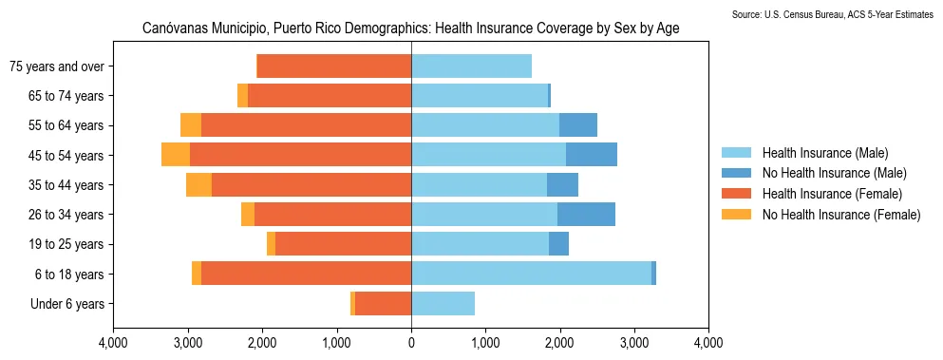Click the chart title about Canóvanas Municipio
pyautogui.click(x=410, y=29)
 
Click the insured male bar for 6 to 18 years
pyautogui.click(x=531, y=274)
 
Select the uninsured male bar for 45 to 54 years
pyautogui.click(x=592, y=155)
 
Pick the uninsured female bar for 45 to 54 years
pyautogui.click(x=176, y=155)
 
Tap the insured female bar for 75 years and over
pyautogui.click(x=334, y=66)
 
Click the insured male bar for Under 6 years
pyautogui.click(x=443, y=304)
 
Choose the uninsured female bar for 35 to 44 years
pyautogui.click(x=198, y=185)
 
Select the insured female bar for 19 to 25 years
pyautogui.click(x=343, y=244)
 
